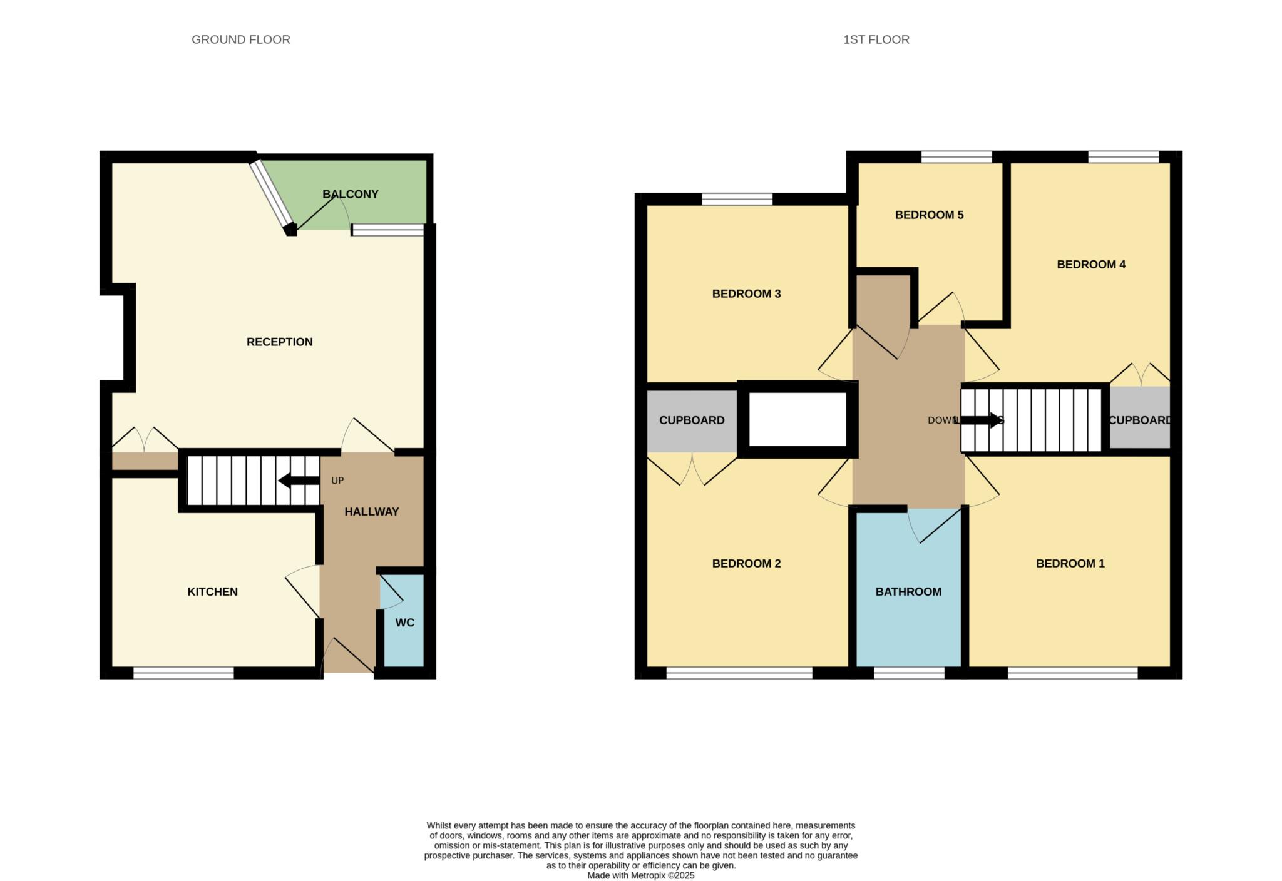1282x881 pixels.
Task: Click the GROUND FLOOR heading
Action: [x=240, y=39]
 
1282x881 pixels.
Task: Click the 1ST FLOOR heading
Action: [x=876, y=39]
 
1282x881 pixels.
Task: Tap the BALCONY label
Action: [x=350, y=194]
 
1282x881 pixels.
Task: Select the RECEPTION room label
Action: [x=279, y=342]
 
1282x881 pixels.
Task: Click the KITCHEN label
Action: [x=212, y=591]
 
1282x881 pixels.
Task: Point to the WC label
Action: [x=404, y=623]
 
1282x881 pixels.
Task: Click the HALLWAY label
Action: [x=371, y=511]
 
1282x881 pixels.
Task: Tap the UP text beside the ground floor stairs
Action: [x=337, y=481]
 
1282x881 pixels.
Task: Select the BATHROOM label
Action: [x=908, y=591]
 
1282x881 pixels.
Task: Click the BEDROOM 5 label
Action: [x=929, y=215]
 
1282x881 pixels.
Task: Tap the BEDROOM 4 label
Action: [x=1090, y=264]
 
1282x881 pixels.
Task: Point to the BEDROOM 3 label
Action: [x=746, y=293]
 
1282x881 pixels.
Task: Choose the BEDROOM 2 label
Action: [x=746, y=563]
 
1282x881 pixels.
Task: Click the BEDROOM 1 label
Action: [x=1070, y=563]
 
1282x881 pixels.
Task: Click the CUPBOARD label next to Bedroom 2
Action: [x=691, y=420]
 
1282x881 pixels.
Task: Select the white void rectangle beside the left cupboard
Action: [x=797, y=419]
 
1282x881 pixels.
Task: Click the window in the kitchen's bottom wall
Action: [x=183, y=673]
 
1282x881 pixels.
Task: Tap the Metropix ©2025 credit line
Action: [x=640, y=875]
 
